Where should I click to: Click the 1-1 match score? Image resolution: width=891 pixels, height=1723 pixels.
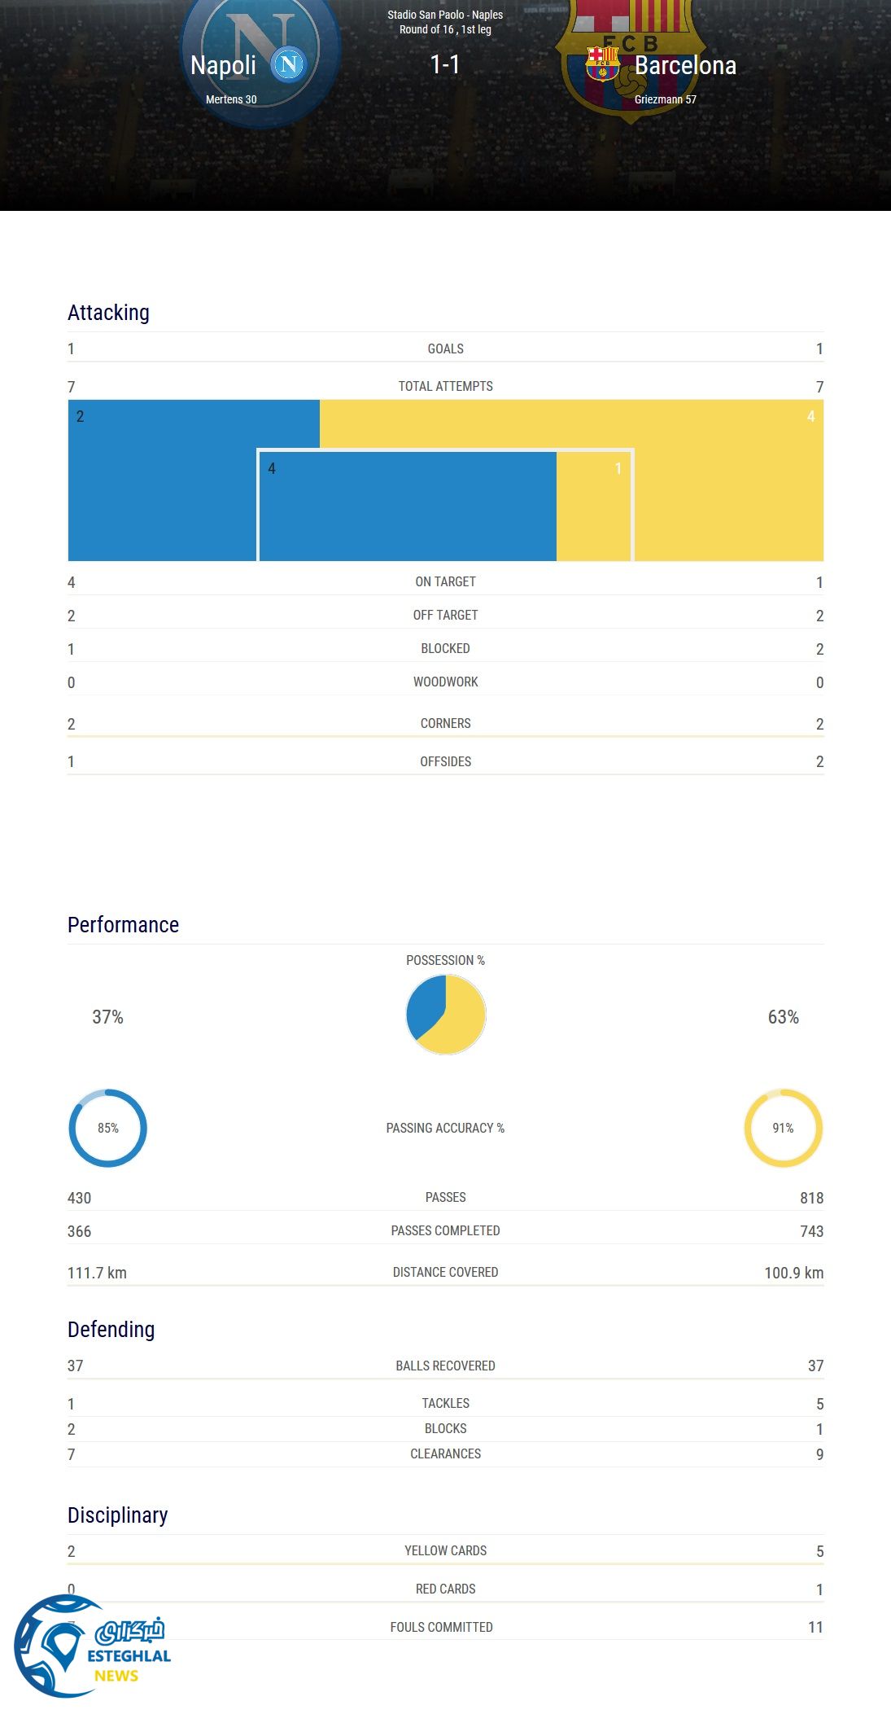[445, 64]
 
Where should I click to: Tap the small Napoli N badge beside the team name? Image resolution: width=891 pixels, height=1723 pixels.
[288, 64]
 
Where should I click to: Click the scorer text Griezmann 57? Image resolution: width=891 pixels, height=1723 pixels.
[665, 99]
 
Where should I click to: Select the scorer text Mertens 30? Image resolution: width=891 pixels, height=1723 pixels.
[231, 99]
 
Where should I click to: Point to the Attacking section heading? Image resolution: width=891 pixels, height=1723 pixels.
[108, 313]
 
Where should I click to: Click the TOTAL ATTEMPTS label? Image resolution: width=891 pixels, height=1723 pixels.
[445, 386]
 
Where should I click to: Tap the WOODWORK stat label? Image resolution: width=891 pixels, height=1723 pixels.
[445, 682]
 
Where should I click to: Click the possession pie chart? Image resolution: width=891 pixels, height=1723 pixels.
[446, 1015]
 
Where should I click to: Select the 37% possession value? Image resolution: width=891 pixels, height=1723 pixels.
[107, 1017]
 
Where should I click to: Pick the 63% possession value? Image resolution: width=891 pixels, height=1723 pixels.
[783, 1017]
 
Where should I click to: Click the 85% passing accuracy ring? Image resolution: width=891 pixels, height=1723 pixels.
[107, 1128]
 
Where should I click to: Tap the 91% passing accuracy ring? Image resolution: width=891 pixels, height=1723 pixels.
[783, 1128]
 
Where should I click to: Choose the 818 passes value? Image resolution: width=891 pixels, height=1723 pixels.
[811, 1198]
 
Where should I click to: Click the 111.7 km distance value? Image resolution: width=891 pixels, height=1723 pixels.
[97, 1273]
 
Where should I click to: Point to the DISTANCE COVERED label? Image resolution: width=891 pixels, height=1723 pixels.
[445, 1272]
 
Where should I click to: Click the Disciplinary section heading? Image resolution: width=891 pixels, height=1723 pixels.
[117, 1515]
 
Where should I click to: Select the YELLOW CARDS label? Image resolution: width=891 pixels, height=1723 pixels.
[445, 1550]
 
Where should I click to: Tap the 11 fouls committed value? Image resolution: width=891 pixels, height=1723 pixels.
[815, 1627]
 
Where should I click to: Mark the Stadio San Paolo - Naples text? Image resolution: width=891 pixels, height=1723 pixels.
[445, 15]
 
